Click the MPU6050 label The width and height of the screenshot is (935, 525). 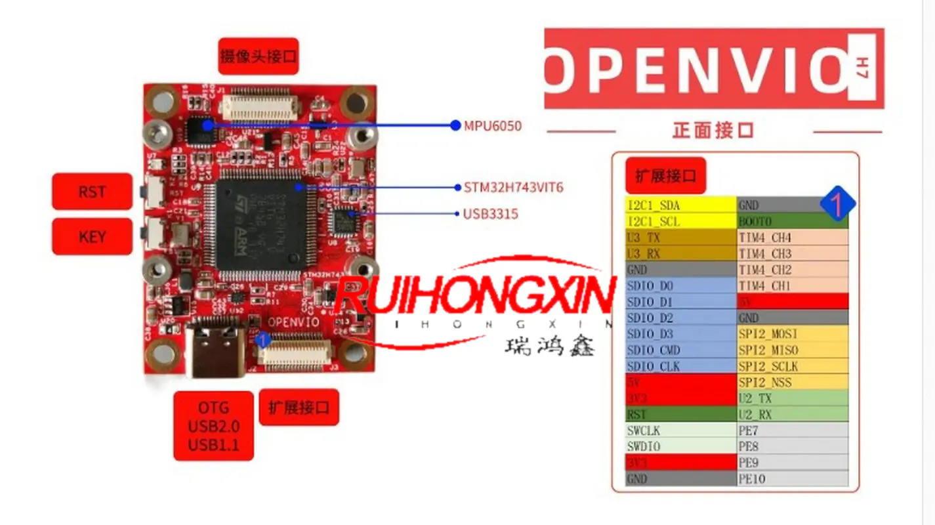pyautogui.click(x=493, y=125)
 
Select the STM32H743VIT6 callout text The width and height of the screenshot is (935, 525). pyautogui.click(x=513, y=188)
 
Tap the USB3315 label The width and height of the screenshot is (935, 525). pyautogui.click(x=491, y=214)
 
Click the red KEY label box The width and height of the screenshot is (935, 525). pyautogui.click(x=92, y=236)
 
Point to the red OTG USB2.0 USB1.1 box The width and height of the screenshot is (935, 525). pyautogui.click(x=213, y=426)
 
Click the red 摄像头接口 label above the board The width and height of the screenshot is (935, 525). pyautogui.click(x=259, y=56)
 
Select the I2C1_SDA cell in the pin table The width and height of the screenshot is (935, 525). pyautogui.click(x=680, y=205)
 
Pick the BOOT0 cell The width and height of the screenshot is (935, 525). pyautogui.click(x=793, y=221)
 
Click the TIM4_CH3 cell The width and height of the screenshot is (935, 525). pyautogui.click(x=793, y=253)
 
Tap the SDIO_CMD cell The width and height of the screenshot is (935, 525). pyautogui.click(x=680, y=350)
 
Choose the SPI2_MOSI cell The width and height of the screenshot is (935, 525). pyautogui.click(x=793, y=334)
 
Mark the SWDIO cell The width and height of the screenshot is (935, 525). pyautogui.click(x=680, y=446)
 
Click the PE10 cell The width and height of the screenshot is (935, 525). pyautogui.click(x=793, y=478)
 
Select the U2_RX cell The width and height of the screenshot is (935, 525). pyautogui.click(x=793, y=414)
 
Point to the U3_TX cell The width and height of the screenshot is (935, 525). pyautogui.click(x=680, y=238)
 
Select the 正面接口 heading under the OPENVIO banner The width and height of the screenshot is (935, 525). pyautogui.click(x=713, y=131)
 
